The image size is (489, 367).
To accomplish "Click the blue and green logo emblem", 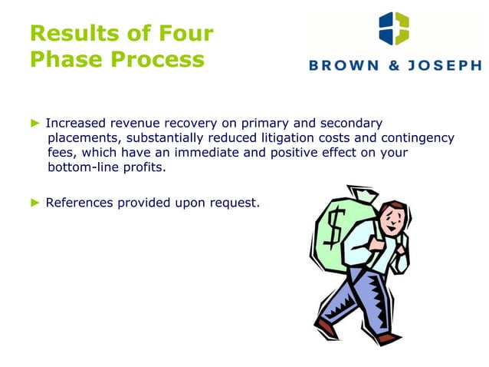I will (x=393, y=28).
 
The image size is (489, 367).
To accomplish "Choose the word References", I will (x=82, y=203).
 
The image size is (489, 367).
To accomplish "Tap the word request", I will (x=234, y=203).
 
